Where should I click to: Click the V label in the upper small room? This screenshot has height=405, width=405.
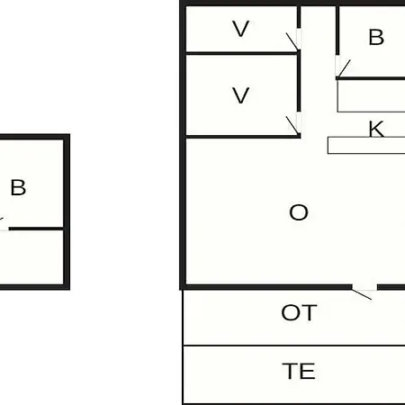[241, 29]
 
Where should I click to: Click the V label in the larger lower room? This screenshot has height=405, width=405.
[241, 95]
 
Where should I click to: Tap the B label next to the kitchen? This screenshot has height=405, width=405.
[376, 37]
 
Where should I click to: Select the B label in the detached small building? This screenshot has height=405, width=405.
[18, 187]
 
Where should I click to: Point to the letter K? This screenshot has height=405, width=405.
[376, 129]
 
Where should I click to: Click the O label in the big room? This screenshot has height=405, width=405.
[299, 212]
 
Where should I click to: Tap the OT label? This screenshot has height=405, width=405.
[299, 312]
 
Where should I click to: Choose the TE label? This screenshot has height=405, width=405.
[299, 371]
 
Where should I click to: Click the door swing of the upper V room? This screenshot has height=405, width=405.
[292, 41]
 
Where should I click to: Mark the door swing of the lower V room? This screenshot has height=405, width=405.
[292, 125]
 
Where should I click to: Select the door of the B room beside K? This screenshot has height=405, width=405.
[344, 68]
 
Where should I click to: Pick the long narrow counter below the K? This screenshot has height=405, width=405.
[366, 146]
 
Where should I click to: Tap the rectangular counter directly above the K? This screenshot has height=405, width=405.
[371, 96]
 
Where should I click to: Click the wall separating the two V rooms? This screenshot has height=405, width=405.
[242, 53]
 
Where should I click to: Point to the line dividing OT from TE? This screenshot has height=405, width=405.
[294, 346]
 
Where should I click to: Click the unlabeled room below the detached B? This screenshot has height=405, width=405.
[31, 257]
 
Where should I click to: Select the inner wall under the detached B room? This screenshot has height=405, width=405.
[36, 229]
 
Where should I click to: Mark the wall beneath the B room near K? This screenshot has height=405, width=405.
[371, 78]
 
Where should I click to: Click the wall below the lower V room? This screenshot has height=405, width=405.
[243, 137]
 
